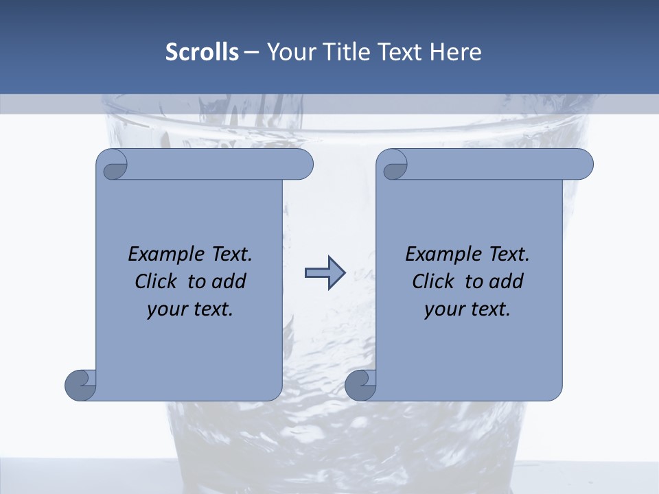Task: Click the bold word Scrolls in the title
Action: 202,52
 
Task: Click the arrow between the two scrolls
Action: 324,273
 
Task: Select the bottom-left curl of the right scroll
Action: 360,384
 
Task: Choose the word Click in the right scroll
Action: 434,282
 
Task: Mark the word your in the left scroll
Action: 165,310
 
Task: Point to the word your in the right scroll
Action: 442,310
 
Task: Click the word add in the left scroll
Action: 229,282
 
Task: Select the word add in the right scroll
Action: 507,282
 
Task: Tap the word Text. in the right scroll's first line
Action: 509,255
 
